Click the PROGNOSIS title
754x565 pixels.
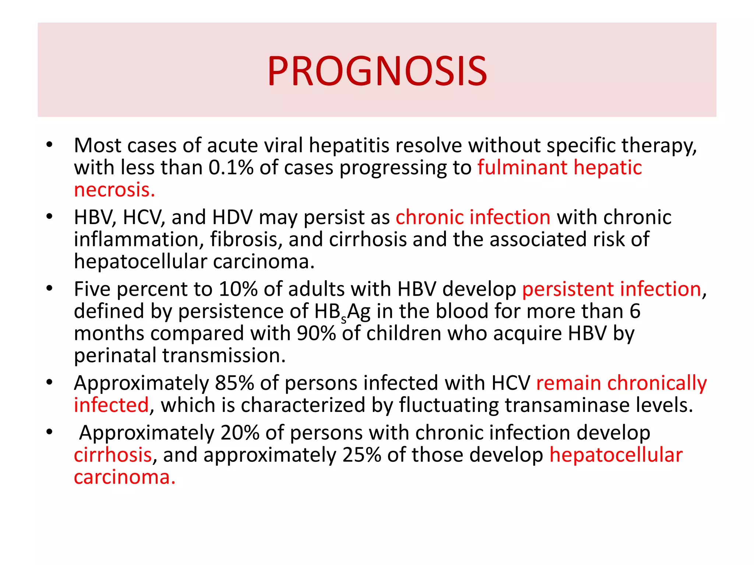pyautogui.click(x=377, y=71)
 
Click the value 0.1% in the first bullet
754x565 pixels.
pyautogui.click(x=231, y=168)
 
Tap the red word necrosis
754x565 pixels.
pyautogui.click(x=114, y=190)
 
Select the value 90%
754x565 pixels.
pyautogui.click(x=316, y=334)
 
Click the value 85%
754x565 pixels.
pyautogui.click(x=235, y=383)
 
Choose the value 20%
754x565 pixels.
pyautogui.click(x=240, y=433)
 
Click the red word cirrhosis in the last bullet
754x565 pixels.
pyautogui.click(x=113, y=455)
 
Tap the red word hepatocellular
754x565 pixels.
pyautogui.click(x=616, y=455)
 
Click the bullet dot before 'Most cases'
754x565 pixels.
pyautogui.click(x=50, y=145)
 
